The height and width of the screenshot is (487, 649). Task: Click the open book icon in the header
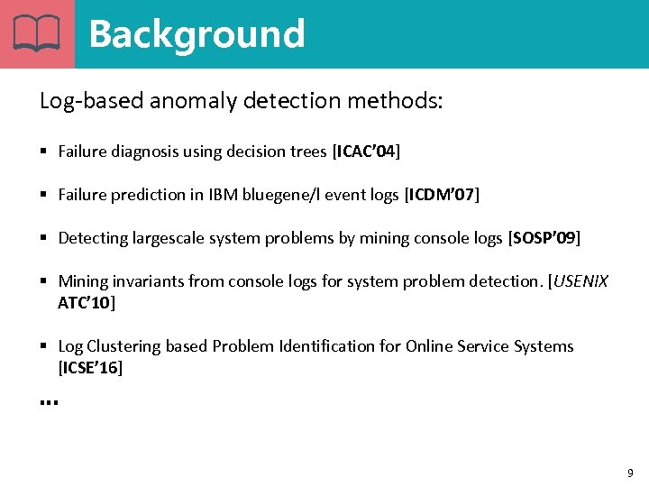coord(37,33)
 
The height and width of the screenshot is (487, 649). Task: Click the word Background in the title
coord(197,34)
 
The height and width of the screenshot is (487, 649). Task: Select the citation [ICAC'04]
coord(366,152)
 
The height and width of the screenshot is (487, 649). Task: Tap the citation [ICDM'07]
coord(442,195)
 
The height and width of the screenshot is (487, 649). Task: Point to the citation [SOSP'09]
coord(544,238)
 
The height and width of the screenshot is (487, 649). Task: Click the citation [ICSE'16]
coord(90,368)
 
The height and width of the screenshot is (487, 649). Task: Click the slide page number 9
coord(630,473)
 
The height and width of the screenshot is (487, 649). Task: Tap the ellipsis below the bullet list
coord(49,401)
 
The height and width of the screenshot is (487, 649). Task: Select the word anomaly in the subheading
coord(187,101)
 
